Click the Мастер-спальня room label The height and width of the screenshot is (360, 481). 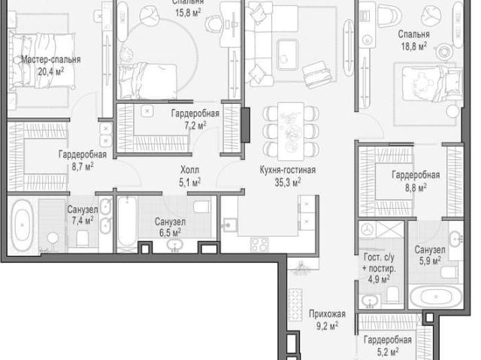[x=51, y=59]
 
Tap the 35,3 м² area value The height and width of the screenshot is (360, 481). [x=287, y=183]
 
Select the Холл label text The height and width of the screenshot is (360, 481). [x=189, y=170]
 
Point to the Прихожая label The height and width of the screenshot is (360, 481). [x=327, y=313]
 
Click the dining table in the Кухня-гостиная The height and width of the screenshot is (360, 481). [x=291, y=132]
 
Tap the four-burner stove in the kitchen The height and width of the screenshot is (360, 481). [x=259, y=244]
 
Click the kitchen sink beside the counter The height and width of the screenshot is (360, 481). [x=229, y=225]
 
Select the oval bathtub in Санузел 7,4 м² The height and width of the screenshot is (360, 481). [x=22, y=225]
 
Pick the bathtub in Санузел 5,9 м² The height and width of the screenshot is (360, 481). [x=436, y=297]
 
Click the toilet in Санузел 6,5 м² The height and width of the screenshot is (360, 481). [x=202, y=207]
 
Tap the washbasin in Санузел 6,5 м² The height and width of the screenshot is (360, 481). [x=175, y=245]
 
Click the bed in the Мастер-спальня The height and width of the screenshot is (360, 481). [x=42, y=60]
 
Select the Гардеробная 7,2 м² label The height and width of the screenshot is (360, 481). [x=195, y=119]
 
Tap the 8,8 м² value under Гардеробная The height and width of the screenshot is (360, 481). [x=416, y=187]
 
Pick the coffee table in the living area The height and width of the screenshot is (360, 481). [x=287, y=55]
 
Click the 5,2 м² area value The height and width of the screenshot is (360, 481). [x=388, y=352]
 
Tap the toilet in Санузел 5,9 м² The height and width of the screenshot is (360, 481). [x=449, y=271]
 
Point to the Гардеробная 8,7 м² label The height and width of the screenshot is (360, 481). [x=83, y=160]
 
